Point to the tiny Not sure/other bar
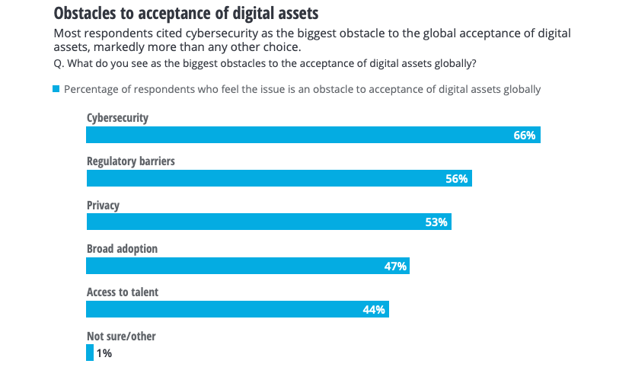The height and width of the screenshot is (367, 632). pos(90,353)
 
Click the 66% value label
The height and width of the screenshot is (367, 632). pos(525,136)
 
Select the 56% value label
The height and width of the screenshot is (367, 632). pos(457,179)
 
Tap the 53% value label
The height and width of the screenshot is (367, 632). pos(436,222)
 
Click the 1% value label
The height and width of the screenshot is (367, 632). pos(105,353)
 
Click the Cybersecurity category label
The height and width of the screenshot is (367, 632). pos(117,118)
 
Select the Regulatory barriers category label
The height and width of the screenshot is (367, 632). pos(131,161)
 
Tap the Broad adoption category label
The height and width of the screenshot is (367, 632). pos(122,249)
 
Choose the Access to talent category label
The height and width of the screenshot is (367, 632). pos(123,292)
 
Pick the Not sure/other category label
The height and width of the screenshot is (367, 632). pos(121,336)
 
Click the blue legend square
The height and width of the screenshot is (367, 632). pos(56,89)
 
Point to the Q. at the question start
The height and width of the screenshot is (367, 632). pos(59,62)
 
